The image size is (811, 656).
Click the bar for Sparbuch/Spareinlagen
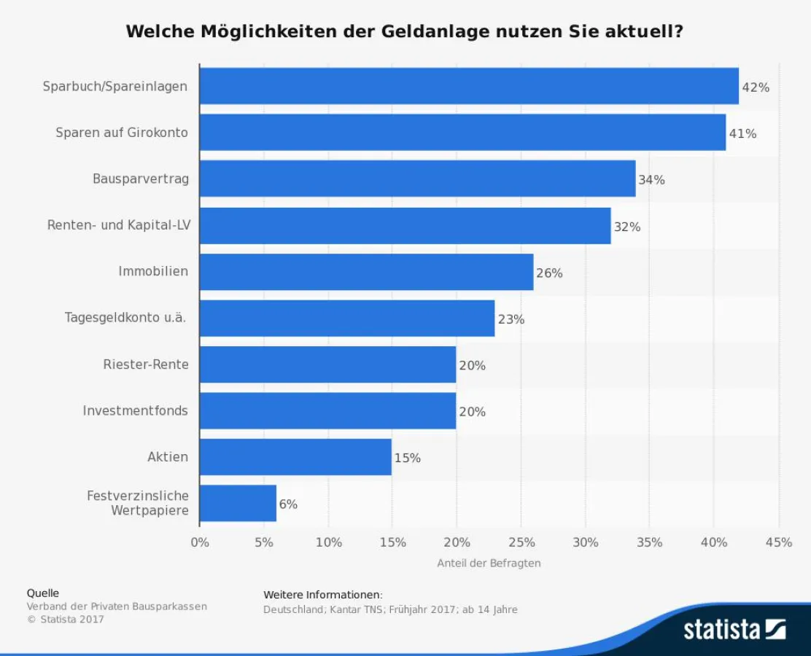[469, 86]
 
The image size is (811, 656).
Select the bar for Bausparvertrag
[417, 179]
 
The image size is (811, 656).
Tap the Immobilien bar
[366, 272]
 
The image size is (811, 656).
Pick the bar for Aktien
[295, 457]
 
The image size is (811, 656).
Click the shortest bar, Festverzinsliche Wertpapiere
[238, 503]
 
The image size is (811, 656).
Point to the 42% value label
[755, 87]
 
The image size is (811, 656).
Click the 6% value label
[288, 504]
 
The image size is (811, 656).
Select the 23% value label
[511, 319]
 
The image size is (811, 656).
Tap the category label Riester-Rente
[146, 364]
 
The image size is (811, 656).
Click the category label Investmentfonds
[135, 411]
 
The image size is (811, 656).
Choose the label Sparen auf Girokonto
[122, 133]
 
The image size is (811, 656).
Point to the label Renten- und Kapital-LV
[119, 225]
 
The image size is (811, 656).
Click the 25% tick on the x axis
[521, 542]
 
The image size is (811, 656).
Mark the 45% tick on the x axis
[778, 542]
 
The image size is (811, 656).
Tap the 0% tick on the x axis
[200, 542]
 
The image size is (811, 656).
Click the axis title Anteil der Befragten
[489, 563]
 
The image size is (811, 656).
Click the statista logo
[734, 628]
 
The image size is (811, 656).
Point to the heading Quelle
[43, 593]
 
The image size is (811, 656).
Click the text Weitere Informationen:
[322, 595]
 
